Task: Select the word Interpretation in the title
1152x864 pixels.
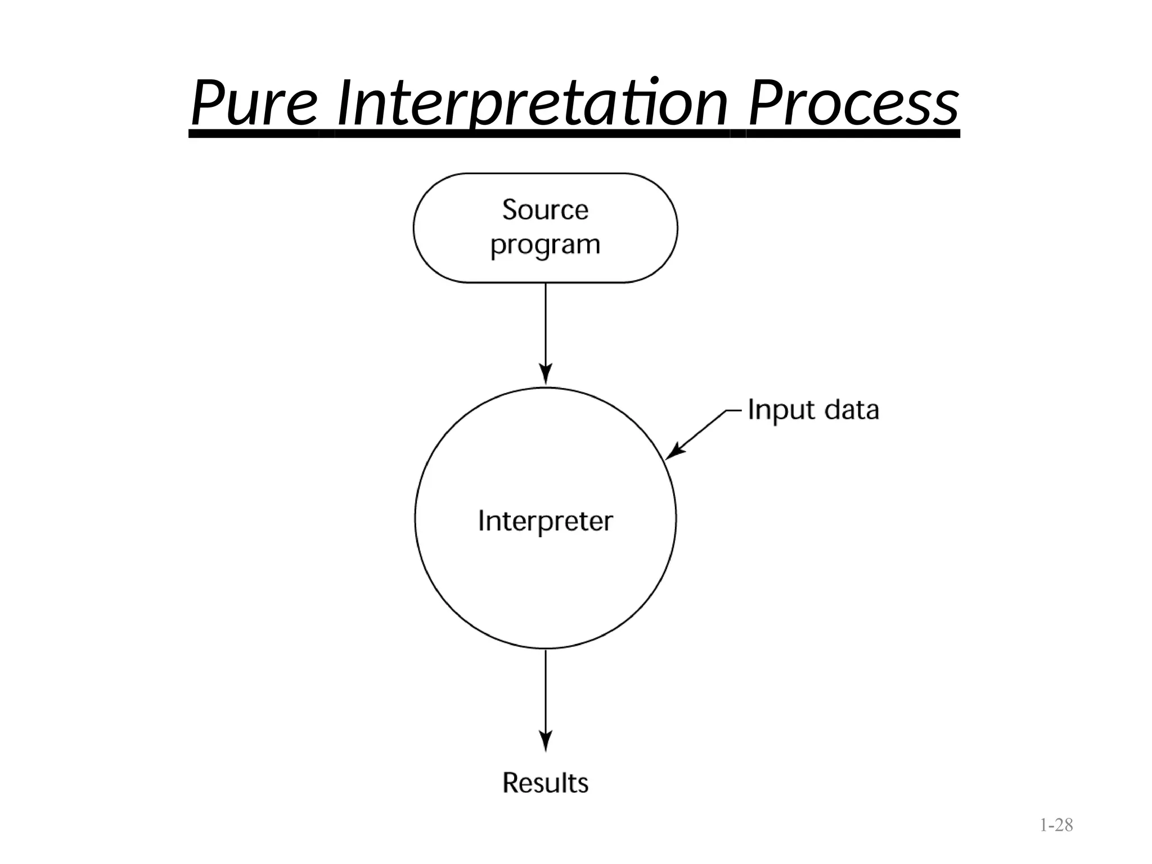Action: [532, 104]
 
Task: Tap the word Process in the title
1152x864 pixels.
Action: [853, 104]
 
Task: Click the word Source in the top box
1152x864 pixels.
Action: [545, 210]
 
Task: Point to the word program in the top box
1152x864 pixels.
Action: [545, 245]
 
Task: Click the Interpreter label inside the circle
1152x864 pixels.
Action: [545, 521]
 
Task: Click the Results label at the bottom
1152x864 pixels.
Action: [545, 782]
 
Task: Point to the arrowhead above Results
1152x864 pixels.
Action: [545, 741]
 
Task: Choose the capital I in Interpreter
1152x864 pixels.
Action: [481, 521]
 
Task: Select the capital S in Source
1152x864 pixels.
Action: [510, 210]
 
